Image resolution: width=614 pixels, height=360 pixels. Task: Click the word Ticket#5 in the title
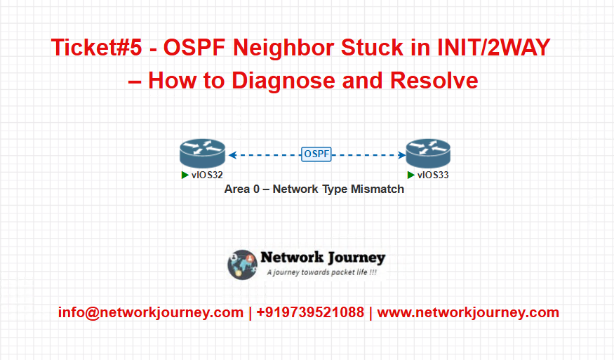click(96, 48)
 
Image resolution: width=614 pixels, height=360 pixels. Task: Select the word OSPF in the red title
click(194, 48)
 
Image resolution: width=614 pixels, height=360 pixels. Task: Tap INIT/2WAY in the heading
click(494, 48)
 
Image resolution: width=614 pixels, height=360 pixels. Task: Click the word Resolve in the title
click(434, 81)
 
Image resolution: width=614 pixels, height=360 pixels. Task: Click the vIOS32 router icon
click(203, 153)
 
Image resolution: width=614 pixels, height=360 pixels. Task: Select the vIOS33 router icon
click(428, 153)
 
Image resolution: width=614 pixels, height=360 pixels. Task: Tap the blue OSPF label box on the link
click(316, 154)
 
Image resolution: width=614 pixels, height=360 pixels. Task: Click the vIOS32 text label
click(207, 175)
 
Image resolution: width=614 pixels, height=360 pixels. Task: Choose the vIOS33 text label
click(433, 175)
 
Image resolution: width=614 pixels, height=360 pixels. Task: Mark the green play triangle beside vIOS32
click(185, 175)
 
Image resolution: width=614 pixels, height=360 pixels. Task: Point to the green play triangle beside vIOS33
click(411, 175)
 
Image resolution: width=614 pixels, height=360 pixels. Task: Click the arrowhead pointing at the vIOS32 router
click(232, 155)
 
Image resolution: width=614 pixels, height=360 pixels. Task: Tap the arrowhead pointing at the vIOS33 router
click(402, 155)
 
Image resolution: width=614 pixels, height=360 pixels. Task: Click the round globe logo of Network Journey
click(242, 265)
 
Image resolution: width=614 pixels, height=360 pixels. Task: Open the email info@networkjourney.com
click(151, 312)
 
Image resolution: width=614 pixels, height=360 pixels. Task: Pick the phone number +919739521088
click(310, 312)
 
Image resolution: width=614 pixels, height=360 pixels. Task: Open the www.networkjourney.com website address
click(468, 312)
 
